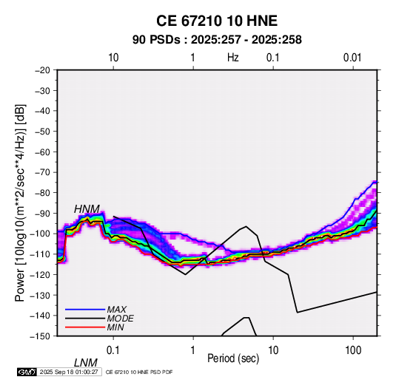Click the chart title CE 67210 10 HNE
[217, 21]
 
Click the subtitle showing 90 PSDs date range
[217, 40]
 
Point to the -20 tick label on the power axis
[42, 70]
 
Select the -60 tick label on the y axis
[42, 152]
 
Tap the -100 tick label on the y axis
[41, 234]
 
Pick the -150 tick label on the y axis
[41, 336]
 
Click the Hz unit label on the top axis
[233, 58]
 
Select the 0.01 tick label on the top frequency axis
[352, 58]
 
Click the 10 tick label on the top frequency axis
[113, 58]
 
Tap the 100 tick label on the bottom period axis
[353, 350]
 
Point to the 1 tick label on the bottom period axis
[193, 350]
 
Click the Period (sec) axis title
[233, 358]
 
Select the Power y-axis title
[20, 203]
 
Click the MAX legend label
[116, 310]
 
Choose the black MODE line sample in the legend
[85, 319]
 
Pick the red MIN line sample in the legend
[85, 327]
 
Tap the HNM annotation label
[87, 209]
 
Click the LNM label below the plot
[86, 363]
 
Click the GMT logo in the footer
[27, 372]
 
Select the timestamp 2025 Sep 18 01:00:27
[69, 372]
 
